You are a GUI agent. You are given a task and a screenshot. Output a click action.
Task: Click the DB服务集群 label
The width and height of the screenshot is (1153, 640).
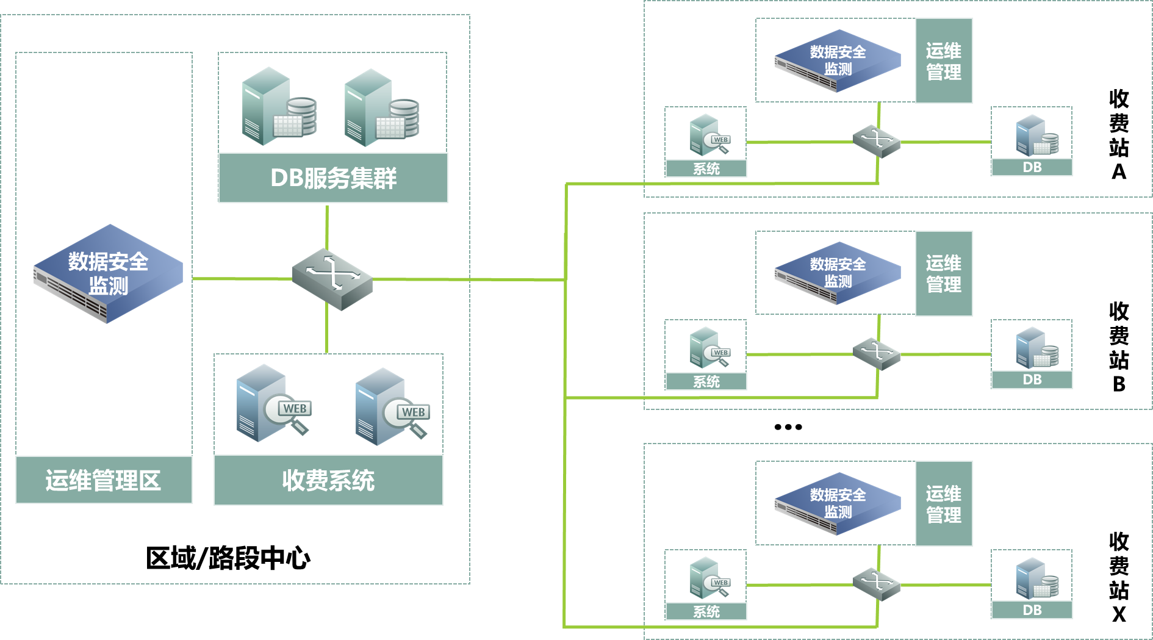click(333, 178)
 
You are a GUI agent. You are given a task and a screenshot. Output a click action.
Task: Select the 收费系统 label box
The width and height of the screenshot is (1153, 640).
click(328, 481)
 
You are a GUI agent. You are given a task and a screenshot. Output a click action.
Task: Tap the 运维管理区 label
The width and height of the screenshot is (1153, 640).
click(104, 481)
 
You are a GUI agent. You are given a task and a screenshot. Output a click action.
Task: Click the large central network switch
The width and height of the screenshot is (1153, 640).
click(332, 279)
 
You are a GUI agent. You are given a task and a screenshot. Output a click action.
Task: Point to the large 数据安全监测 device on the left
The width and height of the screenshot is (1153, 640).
click(108, 274)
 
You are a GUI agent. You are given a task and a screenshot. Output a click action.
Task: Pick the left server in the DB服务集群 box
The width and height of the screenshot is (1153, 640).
click(278, 107)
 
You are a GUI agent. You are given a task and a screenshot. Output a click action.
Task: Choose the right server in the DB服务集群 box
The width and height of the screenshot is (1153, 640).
click(381, 109)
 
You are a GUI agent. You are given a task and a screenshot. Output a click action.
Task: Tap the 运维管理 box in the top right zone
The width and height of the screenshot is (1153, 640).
click(944, 61)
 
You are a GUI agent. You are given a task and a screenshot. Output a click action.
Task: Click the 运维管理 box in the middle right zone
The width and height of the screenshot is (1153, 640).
click(944, 273)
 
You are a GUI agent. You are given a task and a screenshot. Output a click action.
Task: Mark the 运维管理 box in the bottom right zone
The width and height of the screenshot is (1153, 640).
click(944, 504)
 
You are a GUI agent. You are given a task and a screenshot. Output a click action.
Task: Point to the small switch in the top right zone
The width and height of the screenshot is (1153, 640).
click(877, 142)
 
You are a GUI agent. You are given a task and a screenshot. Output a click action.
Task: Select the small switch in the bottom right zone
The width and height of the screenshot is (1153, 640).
click(877, 584)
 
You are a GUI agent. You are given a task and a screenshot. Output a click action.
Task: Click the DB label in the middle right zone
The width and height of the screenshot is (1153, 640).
click(1032, 379)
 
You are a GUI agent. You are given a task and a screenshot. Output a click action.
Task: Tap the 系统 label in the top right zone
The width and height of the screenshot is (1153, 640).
click(706, 169)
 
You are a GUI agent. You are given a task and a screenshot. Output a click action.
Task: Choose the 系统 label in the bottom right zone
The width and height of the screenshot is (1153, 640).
click(706, 611)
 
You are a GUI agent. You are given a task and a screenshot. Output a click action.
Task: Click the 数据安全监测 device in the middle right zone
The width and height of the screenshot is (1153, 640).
click(838, 273)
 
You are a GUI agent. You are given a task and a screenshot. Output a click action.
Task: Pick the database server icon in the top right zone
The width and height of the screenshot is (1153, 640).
click(1036, 135)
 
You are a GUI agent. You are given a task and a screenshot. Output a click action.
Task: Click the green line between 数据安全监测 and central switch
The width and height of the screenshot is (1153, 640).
click(242, 279)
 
